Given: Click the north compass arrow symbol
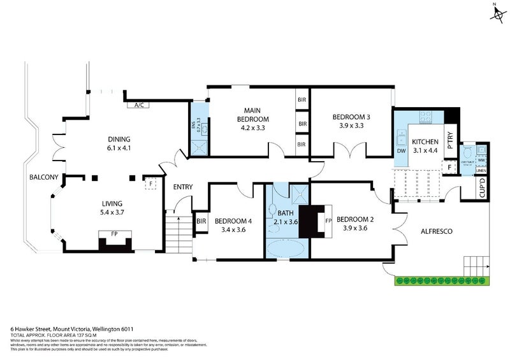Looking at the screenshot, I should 497,13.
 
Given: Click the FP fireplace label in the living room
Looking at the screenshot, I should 115,234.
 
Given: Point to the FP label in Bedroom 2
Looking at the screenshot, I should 328,220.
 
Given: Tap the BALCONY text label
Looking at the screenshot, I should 43,176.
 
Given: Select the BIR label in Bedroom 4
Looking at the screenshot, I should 201,221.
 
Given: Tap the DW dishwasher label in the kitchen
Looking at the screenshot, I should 402,151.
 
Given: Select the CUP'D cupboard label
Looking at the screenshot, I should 484,189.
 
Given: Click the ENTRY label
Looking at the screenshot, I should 182,187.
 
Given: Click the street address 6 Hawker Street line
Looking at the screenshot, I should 71,329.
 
